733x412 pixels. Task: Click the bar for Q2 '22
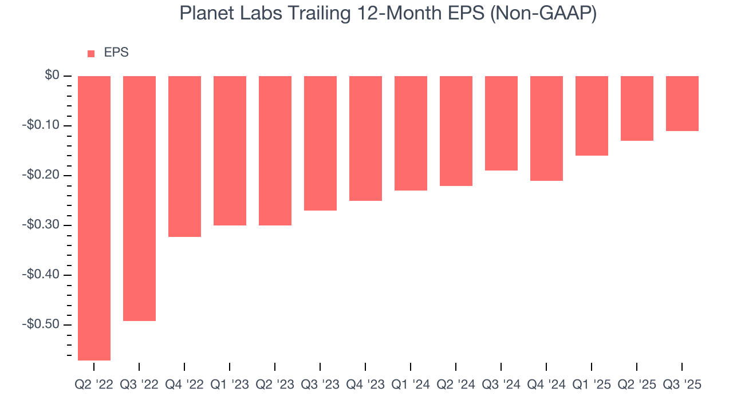point(94,218)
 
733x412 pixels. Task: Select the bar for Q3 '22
point(139,198)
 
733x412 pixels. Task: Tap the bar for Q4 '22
point(184,156)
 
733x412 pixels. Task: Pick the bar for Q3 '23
point(320,143)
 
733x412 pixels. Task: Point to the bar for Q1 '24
point(411,133)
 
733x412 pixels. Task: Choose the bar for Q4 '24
point(546,128)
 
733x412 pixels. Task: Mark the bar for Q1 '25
point(592,116)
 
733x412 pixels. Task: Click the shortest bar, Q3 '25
point(682,104)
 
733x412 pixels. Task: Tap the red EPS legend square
point(91,54)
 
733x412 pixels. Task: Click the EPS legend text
point(116,53)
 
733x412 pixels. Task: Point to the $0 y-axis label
point(52,76)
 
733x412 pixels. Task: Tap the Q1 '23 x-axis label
point(230,385)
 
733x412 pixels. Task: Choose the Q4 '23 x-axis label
point(365,385)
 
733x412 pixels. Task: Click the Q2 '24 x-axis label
point(456,385)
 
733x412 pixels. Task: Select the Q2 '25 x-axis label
point(637,385)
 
